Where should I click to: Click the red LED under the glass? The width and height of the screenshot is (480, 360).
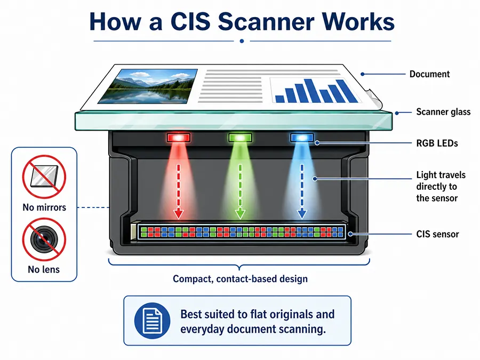pyautogui.click(x=179, y=138)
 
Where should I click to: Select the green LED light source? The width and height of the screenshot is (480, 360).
pyautogui.click(x=241, y=138)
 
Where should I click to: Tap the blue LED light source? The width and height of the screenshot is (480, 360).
pyautogui.click(x=302, y=138)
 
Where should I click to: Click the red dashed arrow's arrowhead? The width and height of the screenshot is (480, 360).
pyautogui.click(x=179, y=214)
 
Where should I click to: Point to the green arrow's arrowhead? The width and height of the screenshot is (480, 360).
pyautogui.click(x=241, y=214)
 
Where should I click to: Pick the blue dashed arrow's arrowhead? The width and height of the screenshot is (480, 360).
pyautogui.click(x=302, y=214)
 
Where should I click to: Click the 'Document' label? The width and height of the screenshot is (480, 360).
pyautogui.click(x=429, y=74)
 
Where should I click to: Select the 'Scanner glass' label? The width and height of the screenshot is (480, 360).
pyautogui.click(x=443, y=112)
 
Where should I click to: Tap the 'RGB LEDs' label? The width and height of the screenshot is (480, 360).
pyautogui.click(x=437, y=143)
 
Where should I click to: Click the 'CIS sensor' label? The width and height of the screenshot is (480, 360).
pyautogui.click(x=437, y=234)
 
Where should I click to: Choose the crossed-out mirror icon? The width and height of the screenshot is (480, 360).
pyautogui.click(x=44, y=177)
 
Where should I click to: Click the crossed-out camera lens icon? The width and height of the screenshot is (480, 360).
pyautogui.click(x=44, y=239)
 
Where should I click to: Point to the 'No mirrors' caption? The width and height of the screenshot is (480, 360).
pyautogui.click(x=44, y=207)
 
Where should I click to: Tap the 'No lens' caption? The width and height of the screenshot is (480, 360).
pyautogui.click(x=44, y=269)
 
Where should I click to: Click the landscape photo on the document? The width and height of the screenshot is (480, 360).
pyautogui.click(x=148, y=86)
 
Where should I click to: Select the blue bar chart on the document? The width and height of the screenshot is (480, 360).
pyautogui.click(x=316, y=91)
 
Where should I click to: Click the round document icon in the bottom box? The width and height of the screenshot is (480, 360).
pyautogui.click(x=152, y=321)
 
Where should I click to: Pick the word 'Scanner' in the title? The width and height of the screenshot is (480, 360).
pyautogui.click(x=266, y=22)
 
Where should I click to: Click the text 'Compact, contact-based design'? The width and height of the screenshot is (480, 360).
pyautogui.click(x=241, y=279)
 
